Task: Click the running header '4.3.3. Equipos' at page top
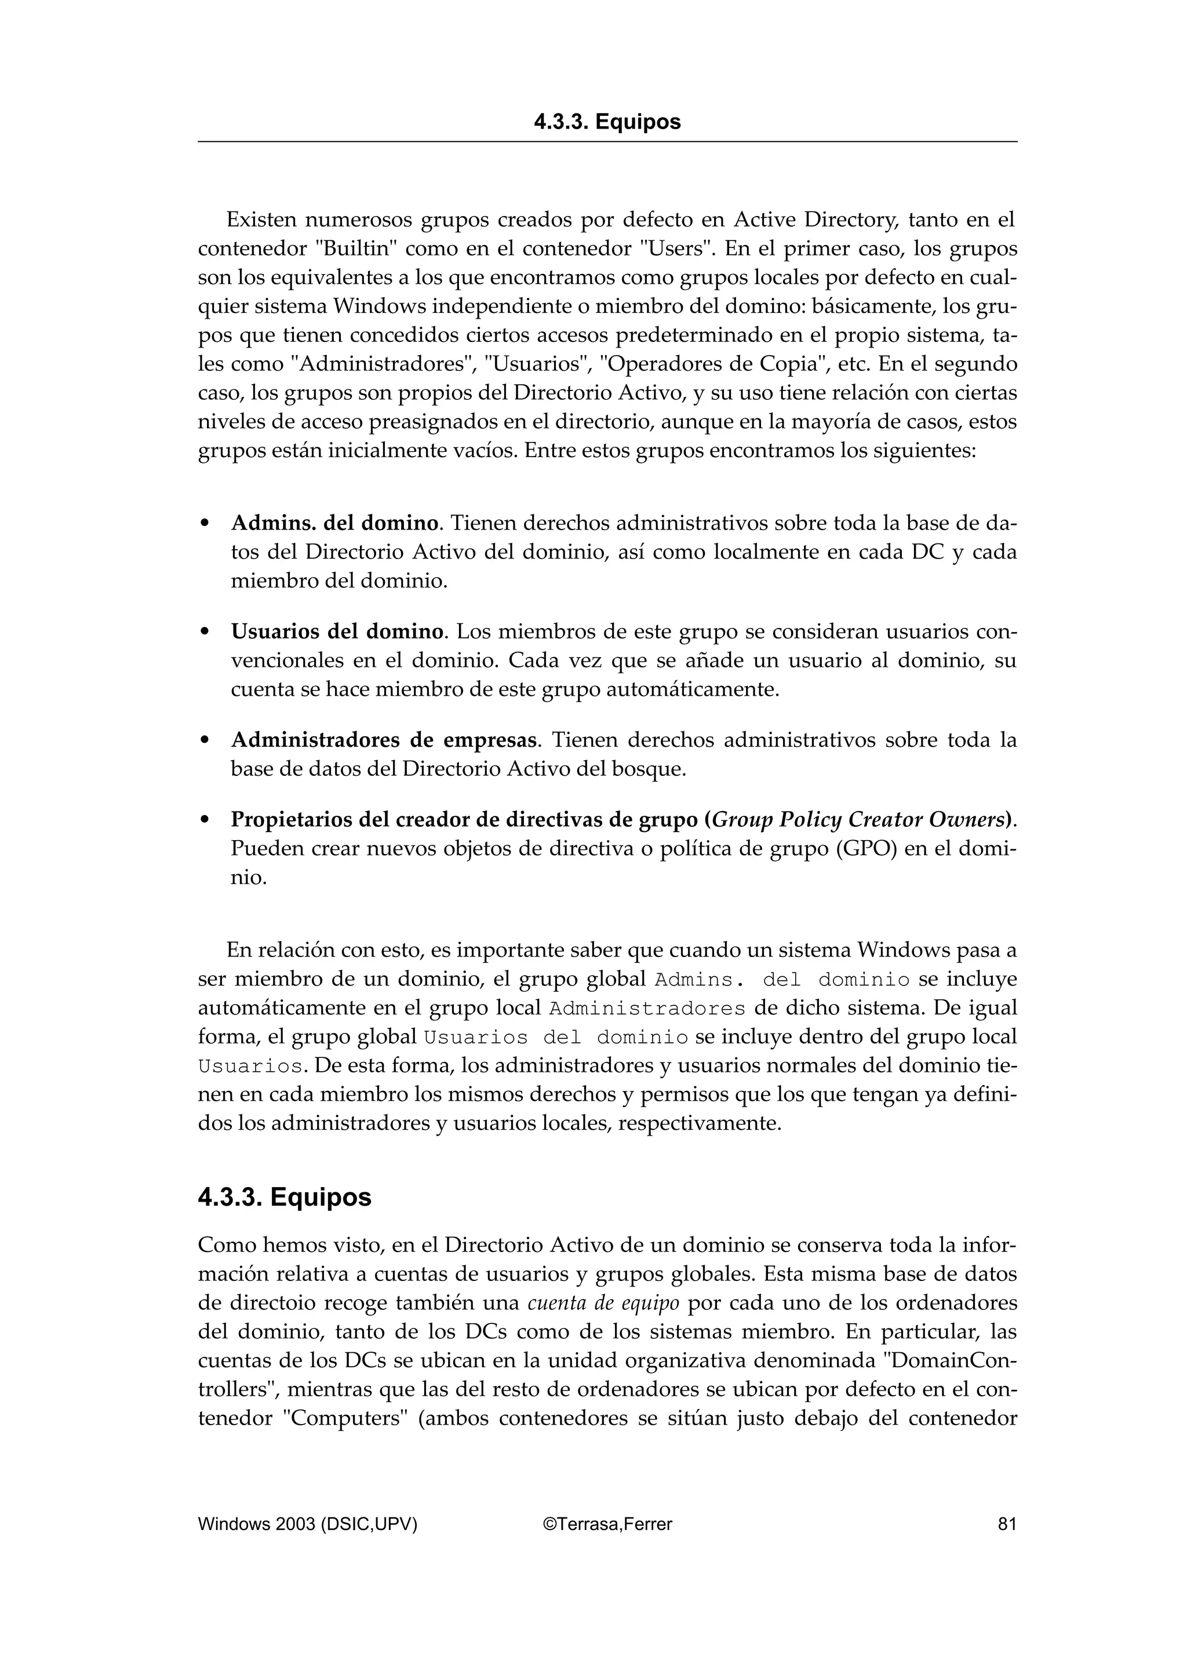click(607, 122)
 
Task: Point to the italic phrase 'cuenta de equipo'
click(603, 1303)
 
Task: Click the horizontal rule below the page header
click(607, 142)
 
